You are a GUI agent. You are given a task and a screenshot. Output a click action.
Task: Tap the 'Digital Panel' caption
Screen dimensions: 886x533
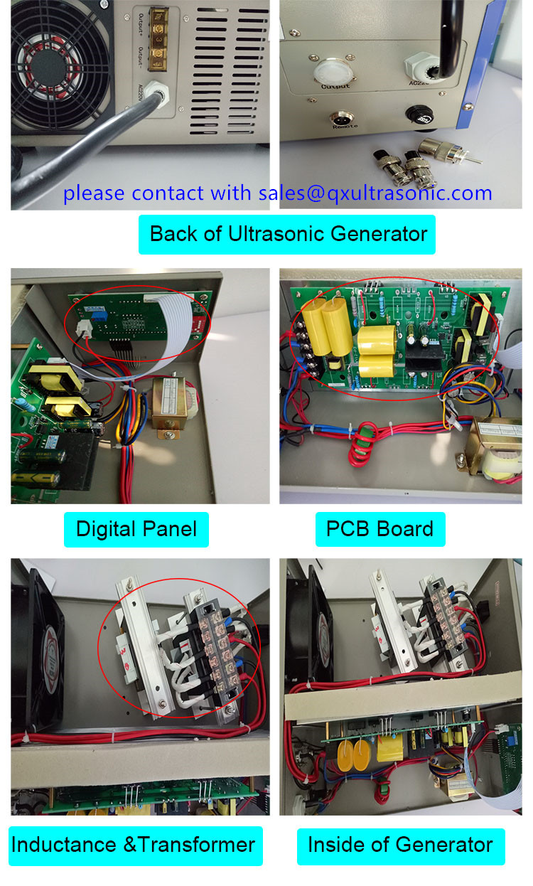136,529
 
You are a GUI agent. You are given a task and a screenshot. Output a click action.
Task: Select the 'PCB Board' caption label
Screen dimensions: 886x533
379,529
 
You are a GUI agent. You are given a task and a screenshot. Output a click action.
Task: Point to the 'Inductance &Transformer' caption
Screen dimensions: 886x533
134,845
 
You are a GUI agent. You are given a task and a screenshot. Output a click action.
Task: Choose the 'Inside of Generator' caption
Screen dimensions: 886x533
400,845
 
